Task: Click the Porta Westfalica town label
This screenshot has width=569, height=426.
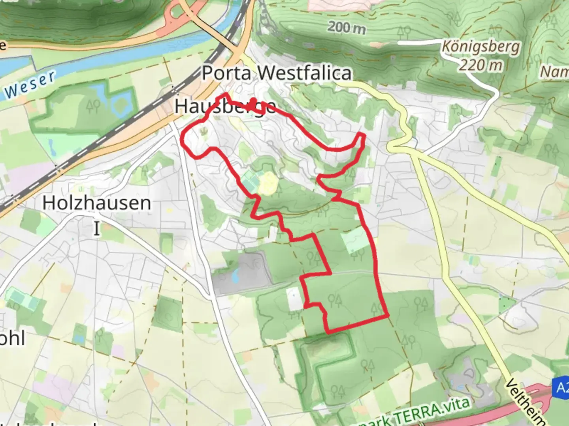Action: [x=277, y=73]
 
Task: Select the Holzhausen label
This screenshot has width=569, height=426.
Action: [x=97, y=203]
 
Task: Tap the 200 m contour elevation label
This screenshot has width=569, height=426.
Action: [x=347, y=28]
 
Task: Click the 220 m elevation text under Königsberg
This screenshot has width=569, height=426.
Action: [x=480, y=64]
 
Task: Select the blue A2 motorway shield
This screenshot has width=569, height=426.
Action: [x=562, y=387]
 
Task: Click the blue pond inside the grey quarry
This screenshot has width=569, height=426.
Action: [x=236, y=277]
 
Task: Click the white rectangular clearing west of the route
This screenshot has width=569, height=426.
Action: [x=293, y=299]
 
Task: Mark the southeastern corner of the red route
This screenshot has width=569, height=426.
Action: [x=388, y=316]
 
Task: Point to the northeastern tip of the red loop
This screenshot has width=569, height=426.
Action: [x=362, y=135]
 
